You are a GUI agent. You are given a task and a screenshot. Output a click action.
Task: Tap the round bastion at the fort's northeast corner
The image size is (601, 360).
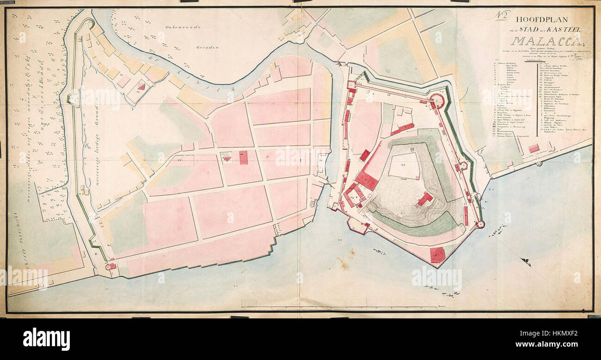436,100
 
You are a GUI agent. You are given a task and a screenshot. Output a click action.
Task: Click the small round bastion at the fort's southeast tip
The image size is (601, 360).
480,225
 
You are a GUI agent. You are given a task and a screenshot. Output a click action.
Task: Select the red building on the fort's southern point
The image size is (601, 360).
437,255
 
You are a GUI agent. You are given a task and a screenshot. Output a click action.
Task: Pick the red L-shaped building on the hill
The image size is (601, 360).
424,199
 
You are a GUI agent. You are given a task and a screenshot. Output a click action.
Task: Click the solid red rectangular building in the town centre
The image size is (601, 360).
243,157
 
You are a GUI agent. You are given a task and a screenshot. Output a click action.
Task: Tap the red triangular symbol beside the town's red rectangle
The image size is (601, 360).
227,158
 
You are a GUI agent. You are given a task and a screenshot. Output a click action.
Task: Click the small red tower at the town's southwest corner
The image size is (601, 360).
111,266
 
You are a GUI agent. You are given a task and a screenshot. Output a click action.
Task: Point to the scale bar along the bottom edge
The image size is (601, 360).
268,304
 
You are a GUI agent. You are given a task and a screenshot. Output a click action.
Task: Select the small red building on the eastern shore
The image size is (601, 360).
534,149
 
